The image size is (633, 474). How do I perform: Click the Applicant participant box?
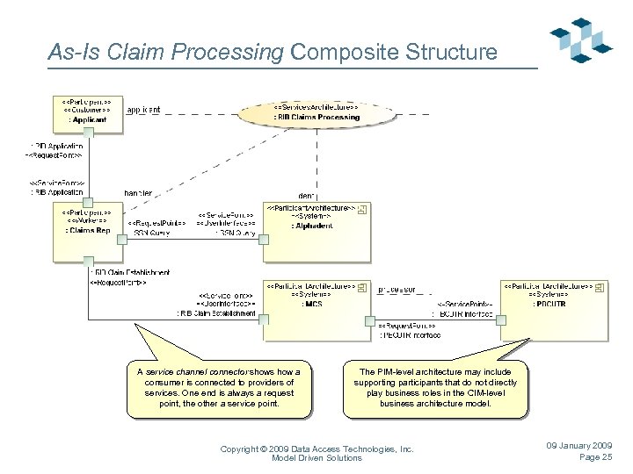pyautogui.click(x=87, y=112)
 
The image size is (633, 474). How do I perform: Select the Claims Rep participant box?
pyautogui.click(x=87, y=229)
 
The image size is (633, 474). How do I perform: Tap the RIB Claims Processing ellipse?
pyautogui.click(x=316, y=113)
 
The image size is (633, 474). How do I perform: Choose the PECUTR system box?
pyautogui.click(x=555, y=308)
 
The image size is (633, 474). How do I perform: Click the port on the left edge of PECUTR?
pyautogui.click(x=501, y=320)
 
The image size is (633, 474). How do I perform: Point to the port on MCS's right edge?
pyautogui.click(x=368, y=320)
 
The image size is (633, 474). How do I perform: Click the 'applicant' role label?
pyautogui.click(x=143, y=111)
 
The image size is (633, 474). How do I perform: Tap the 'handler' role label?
pyautogui.click(x=138, y=192)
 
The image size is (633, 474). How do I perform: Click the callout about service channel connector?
pyautogui.click(x=219, y=387)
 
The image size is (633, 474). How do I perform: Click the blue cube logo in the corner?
pyautogui.click(x=580, y=39)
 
